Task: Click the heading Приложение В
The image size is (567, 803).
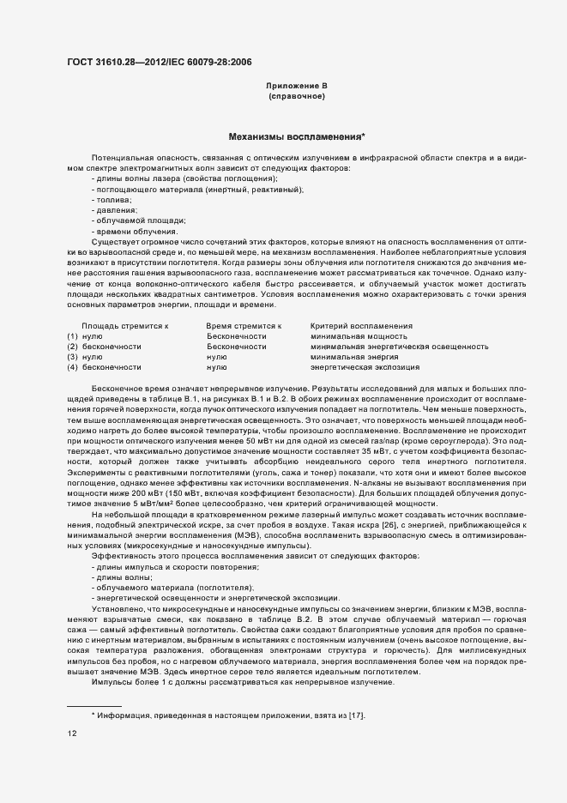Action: click(x=296, y=86)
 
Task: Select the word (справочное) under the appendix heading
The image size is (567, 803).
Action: click(x=296, y=96)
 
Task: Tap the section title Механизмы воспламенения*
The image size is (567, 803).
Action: click(x=296, y=136)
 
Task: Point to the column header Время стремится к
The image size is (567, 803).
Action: click(x=244, y=326)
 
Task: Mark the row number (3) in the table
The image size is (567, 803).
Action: click(x=73, y=357)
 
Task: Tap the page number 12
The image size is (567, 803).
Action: click(x=72, y=734)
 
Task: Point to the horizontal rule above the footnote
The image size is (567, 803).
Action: click(x=94, y=705)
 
